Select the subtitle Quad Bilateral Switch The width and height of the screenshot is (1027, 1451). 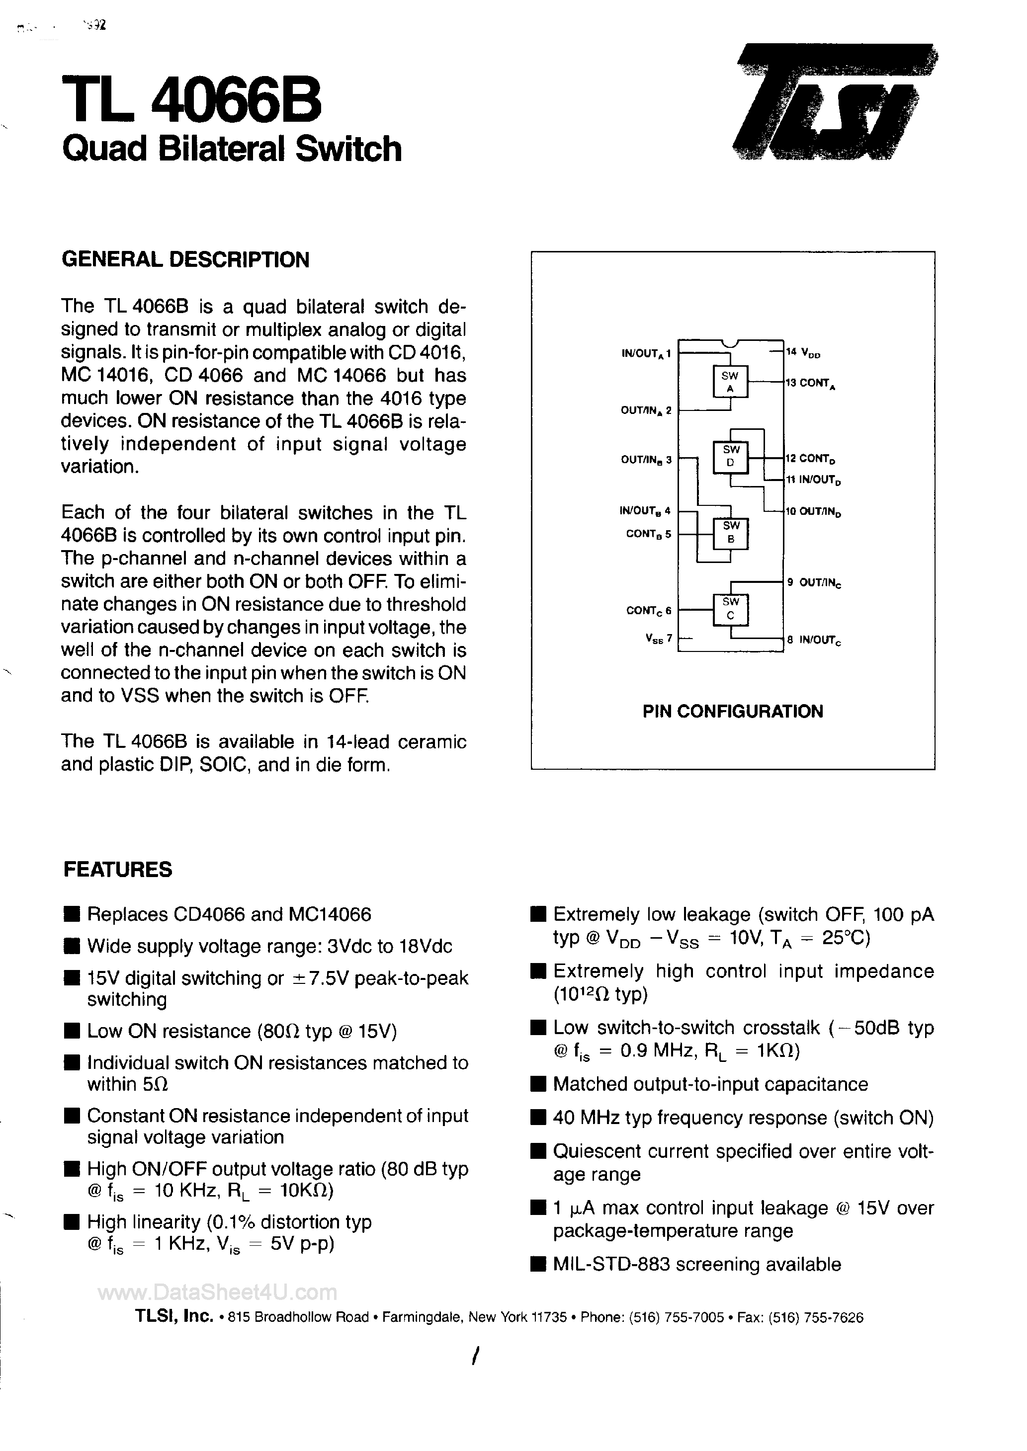(232, 149)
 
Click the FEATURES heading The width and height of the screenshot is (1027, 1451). (118, 870)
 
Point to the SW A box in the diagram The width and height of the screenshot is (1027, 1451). (730, 382)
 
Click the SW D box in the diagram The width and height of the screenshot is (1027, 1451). (730, 456)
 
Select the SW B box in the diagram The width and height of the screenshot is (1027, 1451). (730, 532)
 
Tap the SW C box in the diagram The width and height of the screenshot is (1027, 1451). (730, 609)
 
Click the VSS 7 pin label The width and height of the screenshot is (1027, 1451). (658, 639)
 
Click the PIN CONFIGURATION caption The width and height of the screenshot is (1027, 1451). (733, 712)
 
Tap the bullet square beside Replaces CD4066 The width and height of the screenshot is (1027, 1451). (73, 914)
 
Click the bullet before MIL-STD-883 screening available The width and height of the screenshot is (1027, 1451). (538, 1265)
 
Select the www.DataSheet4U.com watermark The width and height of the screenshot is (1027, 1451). (218, 1292)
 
